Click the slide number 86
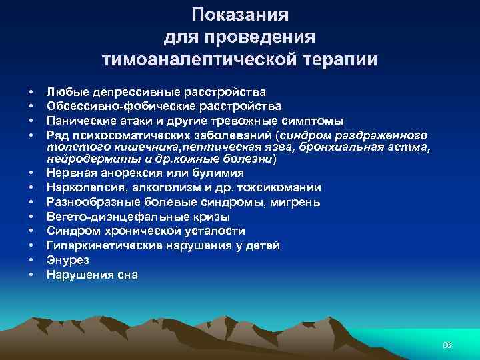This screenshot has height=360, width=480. pyautogui.click(x=447, y=345)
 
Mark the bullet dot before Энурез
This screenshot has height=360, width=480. pyautogui.click(x=31, y=260)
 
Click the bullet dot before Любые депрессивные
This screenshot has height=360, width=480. pyautogui.click(x=31, y=91)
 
